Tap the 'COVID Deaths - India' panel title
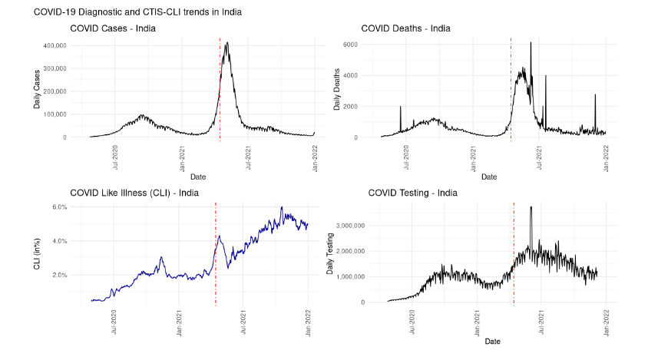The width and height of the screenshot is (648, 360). coord(405,29)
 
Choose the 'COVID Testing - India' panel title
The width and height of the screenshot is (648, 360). coord(412,193)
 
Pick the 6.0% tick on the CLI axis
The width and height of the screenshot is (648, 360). coord(61,207)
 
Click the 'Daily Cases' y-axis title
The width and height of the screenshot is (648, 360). coord(37,89)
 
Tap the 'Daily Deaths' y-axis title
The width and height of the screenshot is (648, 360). coord(336,89)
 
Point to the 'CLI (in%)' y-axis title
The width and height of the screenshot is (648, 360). coord(37,253)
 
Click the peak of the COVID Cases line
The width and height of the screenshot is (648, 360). coord(227,43)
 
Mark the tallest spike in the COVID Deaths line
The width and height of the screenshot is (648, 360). coord(531,43)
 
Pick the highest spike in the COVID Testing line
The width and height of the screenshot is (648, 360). coord(531,206)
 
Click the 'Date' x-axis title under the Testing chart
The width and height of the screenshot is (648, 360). coord(493,341)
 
